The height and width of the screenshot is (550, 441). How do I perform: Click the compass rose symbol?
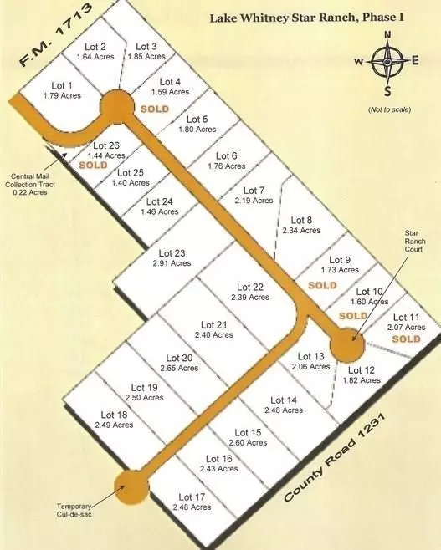387,61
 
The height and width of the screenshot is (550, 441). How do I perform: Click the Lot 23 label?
170,253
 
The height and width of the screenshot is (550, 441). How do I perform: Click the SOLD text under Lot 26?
93,166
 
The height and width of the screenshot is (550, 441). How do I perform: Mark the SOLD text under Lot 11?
406,339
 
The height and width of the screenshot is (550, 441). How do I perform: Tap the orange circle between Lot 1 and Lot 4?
116,108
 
